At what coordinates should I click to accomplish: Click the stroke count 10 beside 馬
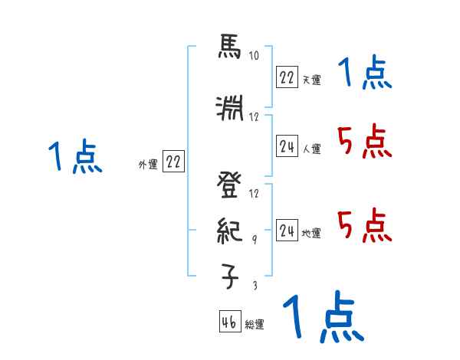click(254, 57)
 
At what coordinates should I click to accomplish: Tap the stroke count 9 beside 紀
click(255, 240)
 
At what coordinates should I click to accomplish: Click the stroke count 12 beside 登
click(255, 193)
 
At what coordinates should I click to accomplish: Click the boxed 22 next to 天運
click(287, 77)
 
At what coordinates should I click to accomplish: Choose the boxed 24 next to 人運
click(287, 146)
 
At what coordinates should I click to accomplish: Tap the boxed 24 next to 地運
click(287, 230)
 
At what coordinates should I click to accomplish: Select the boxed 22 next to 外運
click(173, 162)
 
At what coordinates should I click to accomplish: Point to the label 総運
click(255, 325)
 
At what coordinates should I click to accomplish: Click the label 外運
click(147, 165)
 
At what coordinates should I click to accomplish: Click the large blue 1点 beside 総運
click(322, 316)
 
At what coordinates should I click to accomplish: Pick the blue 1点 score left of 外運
click(74, 158)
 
